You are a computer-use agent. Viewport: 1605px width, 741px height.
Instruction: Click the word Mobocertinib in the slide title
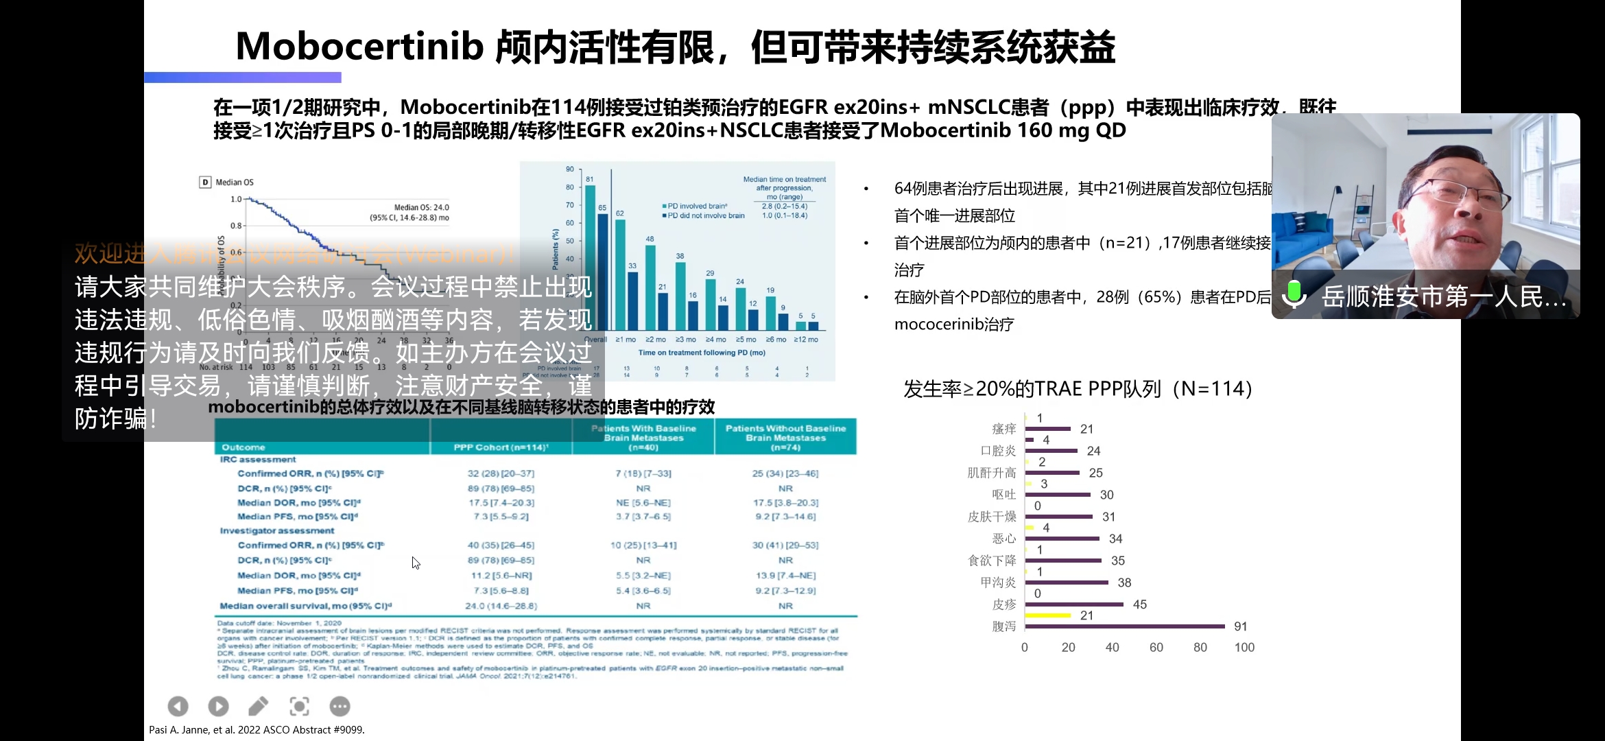pos(359,47)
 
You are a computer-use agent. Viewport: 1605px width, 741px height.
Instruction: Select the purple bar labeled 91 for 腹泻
pos(1125,626)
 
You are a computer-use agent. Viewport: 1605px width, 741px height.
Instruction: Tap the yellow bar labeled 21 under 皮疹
pos(1048,615)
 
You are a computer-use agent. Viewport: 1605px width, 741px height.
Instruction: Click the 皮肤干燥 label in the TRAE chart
pos(992,517)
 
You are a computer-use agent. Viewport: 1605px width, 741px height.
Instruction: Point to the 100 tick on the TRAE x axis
pos(1244,647)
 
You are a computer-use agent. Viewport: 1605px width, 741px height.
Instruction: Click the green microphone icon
pos(1294,294)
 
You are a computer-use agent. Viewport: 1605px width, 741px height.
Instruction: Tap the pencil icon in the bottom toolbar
pos(259,706)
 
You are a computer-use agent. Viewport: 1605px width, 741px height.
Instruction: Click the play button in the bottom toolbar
pos(218,706)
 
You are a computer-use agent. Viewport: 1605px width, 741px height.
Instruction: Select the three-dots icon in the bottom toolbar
pos(340,706)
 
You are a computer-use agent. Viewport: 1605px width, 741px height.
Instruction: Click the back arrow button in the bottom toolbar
pos(178,706)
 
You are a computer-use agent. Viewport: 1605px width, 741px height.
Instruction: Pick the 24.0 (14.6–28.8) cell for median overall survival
pos(501,606)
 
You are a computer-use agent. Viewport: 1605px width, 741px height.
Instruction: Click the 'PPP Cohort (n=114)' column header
pos(501,447)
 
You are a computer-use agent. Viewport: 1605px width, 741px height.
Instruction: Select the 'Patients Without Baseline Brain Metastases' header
pos(785,437)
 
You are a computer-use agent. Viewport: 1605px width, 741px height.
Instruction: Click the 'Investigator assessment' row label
pos(277,530)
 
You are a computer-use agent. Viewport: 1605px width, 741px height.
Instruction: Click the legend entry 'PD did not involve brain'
pos(704,215)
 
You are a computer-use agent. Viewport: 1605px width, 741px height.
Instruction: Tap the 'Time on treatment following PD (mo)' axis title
pos(702,353)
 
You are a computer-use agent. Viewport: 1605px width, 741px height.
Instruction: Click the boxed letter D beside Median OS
pos(205,182)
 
